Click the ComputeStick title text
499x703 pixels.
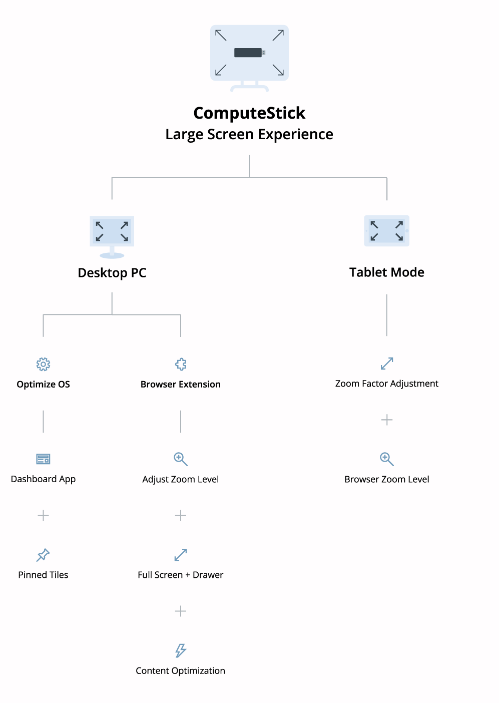click(249, 113)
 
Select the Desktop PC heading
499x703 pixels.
click(112, 273)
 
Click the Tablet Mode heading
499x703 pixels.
click(387, 272)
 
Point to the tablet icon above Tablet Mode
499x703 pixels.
click(387, 231)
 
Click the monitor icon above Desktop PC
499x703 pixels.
click(112, 237)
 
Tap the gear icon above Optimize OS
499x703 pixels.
click(43, 364)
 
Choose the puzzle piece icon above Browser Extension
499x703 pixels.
click(181, 364)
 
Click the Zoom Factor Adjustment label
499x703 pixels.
click(387, 384)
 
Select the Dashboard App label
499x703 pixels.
click(43, 479)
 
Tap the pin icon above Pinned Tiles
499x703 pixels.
click(43, 555)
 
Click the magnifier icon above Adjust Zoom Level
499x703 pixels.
click(181, 459)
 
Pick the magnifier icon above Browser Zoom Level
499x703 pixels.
click(387, 459)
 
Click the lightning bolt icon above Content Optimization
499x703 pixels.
click(181, 650)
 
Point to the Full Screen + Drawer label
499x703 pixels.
click(180, 575)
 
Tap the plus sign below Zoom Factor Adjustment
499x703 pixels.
click(387, 420)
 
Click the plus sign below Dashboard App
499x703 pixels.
click(43, 515)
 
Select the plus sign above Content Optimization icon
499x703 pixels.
click(181, 611)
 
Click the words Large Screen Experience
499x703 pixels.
click(249, 134)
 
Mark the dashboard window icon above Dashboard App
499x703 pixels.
click(43, 459)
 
